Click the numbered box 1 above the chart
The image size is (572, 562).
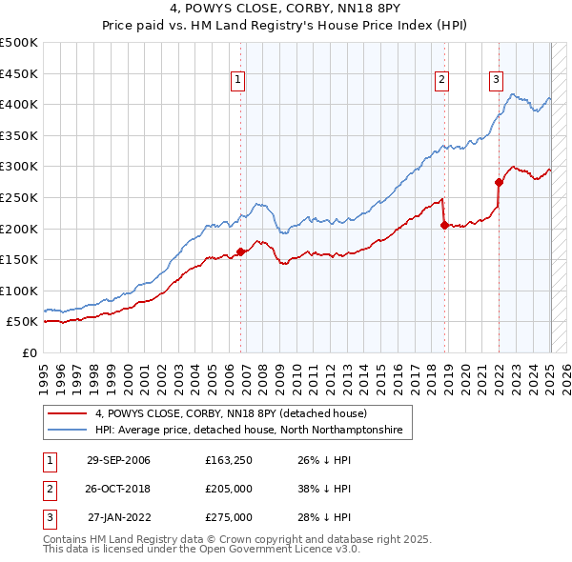pos(236,80)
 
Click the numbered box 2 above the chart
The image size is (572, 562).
pos(442,80)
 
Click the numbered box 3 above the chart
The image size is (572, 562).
pos(497,80)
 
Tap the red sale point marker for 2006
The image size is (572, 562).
pos(240,251)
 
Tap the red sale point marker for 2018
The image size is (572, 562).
pos(444,226)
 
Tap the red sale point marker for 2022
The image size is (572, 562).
pos(499,182)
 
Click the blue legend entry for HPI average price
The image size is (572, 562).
pos(249,431)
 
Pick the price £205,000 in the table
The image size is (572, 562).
pos(228,490)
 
